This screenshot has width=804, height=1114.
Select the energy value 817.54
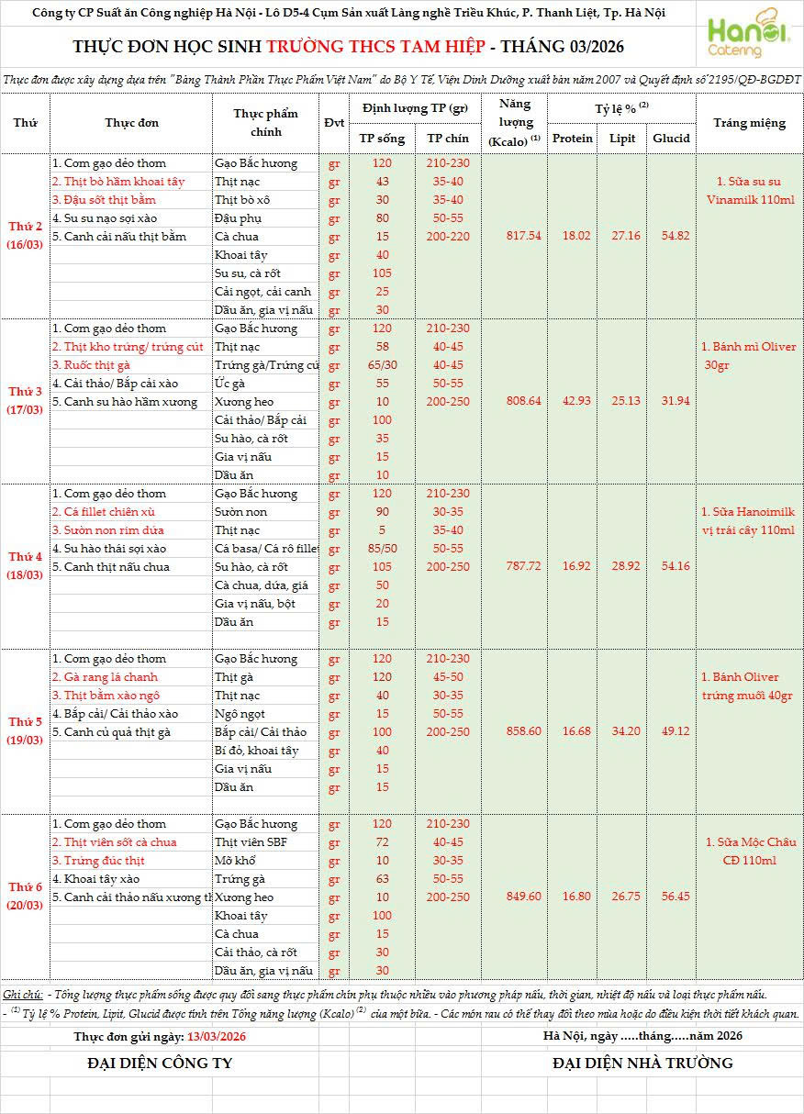click(x=523, y=236)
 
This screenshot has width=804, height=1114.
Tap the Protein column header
click(x=573, y=139)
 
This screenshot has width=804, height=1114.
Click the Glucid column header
click(x=671, y=139)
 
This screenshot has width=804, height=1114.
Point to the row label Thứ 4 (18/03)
click(x=26, y=566)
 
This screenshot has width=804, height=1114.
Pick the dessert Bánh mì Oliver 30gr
click(x=749, y=356)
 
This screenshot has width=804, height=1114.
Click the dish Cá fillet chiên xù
click(x=103, y=512)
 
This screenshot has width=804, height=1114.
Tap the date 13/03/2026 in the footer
click(x=217, y=1036)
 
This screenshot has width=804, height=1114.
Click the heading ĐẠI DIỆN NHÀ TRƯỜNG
click(x=642, y=1063)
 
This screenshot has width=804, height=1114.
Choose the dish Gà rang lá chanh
click(x=105, y=677)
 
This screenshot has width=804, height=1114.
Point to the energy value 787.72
click(x=523, y=566)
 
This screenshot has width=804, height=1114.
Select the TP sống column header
click(x=382, y=139)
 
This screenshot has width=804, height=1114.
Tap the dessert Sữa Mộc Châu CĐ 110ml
click(x=750, y=852)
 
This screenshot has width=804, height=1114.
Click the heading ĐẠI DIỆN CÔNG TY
click(x=160, y=1063)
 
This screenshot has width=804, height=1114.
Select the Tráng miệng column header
click(x=749, y=123)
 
